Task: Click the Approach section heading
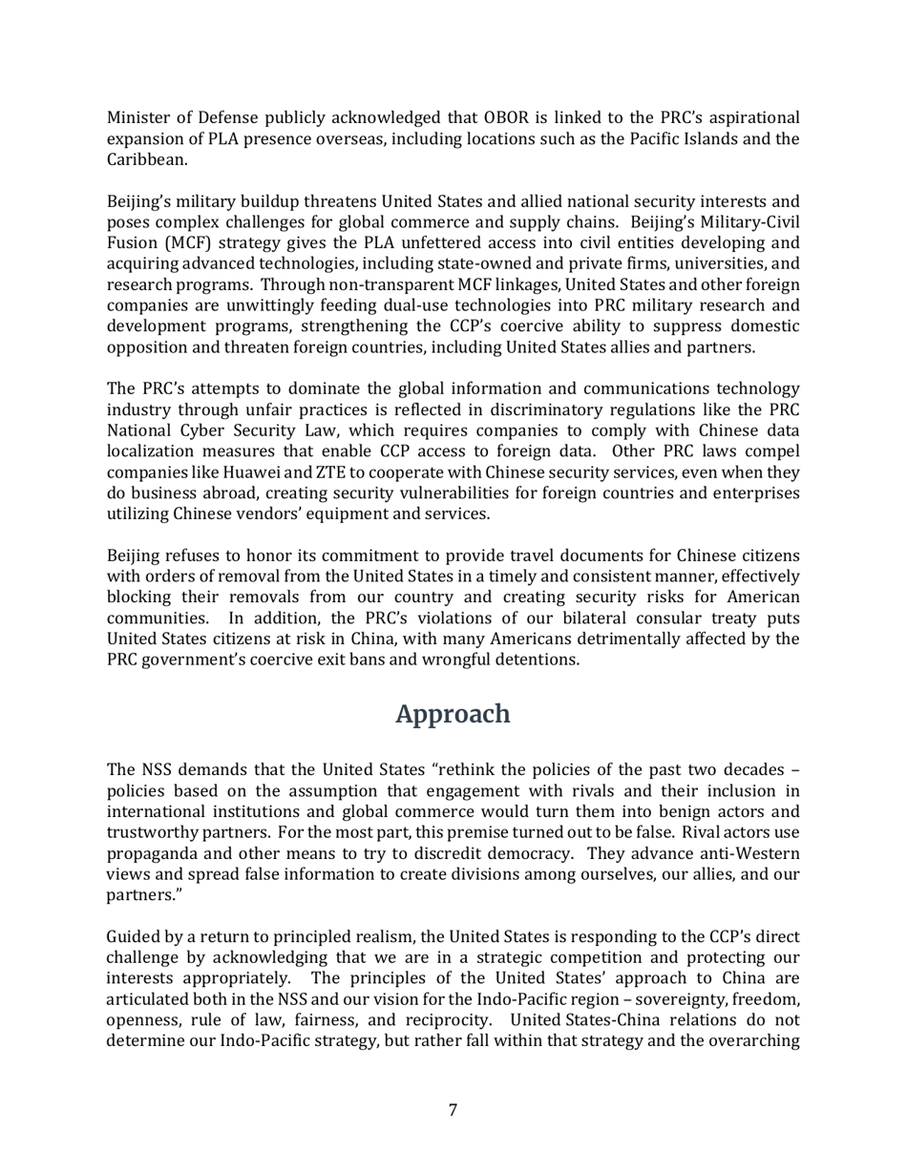453,714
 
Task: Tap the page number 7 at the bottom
453,1109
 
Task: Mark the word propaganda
151,854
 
